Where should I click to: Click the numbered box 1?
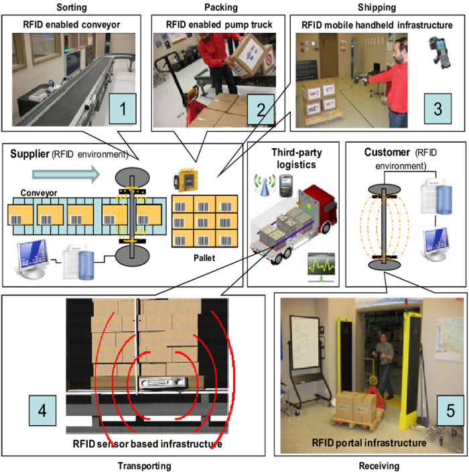click(123, 109)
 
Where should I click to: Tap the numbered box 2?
click(261, 109)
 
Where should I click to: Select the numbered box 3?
click(438, 109)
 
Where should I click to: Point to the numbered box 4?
click(42, 410)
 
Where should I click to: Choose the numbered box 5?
click(450, 410)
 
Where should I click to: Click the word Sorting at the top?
click(72, 7)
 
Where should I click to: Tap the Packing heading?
click(221, 7)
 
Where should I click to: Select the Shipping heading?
click(377, 7)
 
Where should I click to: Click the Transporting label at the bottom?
click(145, 466)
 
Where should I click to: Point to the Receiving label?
click(379, 466)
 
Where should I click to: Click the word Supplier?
click(29, 154)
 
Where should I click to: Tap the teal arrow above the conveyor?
click(66, 174)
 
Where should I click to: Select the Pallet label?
click(204, 258)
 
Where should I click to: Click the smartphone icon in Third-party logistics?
click(285, 186)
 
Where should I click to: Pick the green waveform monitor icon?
click(322, 266)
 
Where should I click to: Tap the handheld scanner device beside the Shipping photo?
click(440, 52)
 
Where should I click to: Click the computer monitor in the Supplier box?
click(32, 258)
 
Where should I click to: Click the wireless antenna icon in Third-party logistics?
click(265, 185)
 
